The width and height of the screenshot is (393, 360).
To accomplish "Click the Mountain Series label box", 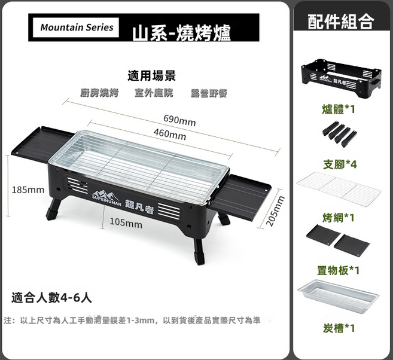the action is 76,28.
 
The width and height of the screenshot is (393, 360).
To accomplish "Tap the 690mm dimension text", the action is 179,120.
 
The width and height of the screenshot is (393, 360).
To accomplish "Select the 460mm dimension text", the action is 170,135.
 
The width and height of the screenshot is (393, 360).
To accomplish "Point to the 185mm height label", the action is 28,190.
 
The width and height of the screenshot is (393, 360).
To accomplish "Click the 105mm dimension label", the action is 126,222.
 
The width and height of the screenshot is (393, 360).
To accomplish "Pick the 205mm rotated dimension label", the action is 276,210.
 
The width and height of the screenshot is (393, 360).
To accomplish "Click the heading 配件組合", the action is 341,22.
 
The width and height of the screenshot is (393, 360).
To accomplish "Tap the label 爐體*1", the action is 339,109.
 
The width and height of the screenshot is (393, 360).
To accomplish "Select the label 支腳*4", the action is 340,164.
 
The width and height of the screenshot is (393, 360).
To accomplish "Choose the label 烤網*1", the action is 339,218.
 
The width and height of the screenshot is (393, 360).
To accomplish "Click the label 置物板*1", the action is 338,270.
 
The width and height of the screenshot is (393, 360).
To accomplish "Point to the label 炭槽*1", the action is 339,328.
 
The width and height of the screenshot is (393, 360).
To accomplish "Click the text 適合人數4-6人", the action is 51,298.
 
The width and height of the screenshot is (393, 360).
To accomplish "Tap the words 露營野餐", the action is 209,93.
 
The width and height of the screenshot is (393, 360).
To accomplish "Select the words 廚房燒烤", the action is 99,93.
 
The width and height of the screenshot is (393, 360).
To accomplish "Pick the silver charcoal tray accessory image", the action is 339,297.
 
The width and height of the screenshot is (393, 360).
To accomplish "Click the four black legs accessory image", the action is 340,133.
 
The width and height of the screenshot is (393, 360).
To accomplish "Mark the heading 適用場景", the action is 151,76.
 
